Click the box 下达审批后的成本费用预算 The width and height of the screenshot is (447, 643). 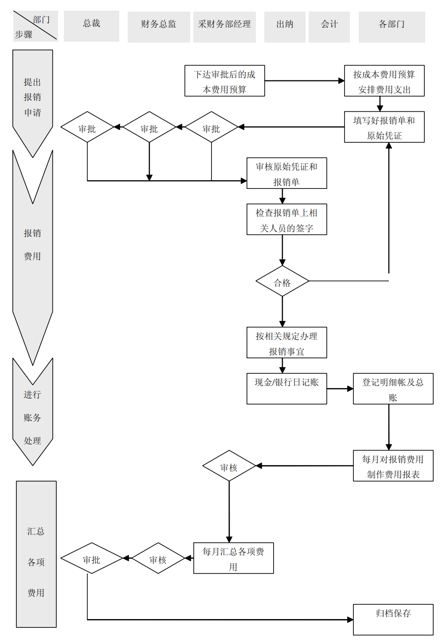click(x=224, y=81)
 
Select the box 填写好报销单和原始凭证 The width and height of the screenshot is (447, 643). click(x=384, y=127)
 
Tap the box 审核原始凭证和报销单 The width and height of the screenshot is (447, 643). click(x=286, y=173)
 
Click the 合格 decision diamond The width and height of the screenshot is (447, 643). click(x=282, y=281)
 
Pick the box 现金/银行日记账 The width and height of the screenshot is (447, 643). click(x=286, y=388)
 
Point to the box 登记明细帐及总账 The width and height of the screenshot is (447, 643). click(x=393, y=388)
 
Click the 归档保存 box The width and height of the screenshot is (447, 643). click(x=393, y=619)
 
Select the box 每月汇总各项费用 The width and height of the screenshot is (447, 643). click(x=233, y=558)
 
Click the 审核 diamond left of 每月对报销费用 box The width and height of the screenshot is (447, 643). click(x=229, y=466)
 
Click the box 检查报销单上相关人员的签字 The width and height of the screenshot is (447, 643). click(x=286, y=220)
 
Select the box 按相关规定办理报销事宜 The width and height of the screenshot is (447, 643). click(x=286, y=343)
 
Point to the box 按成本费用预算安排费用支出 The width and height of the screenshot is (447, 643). click(x=384, y=81)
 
